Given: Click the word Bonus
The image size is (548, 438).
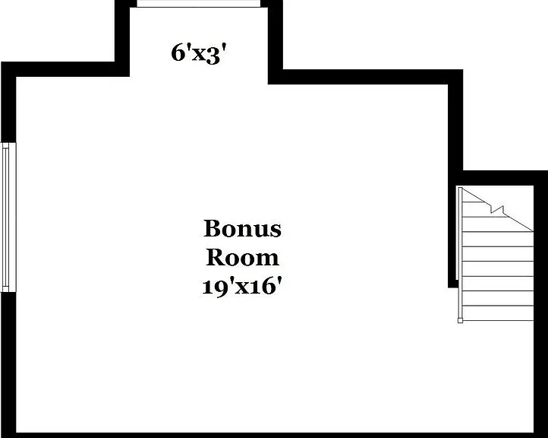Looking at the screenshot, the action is coord(242,229).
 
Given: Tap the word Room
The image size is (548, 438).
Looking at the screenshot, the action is coord(243,257).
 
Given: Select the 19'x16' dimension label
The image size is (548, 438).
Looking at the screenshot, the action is coord(242,287).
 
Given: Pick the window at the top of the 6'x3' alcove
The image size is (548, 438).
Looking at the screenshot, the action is coord(199,4).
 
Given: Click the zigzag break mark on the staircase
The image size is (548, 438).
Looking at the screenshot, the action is coord(497,209).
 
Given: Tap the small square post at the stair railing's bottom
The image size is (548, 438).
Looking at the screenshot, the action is coord(460,320).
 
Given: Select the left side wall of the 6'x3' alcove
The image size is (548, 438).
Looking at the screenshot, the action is coord(122,38).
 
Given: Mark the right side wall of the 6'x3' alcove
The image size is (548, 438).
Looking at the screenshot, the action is coord(276,42).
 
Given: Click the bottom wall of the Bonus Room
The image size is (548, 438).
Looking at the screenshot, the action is coord(274,435).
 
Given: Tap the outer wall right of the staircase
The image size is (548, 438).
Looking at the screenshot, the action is coord(540,304).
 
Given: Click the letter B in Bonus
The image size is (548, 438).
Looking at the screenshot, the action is coord(213,229).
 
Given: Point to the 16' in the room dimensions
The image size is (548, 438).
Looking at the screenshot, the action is coord(263,287).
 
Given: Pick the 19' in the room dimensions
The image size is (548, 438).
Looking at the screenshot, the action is coord(216,287).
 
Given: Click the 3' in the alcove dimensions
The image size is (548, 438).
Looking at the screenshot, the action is coord(216,55).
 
